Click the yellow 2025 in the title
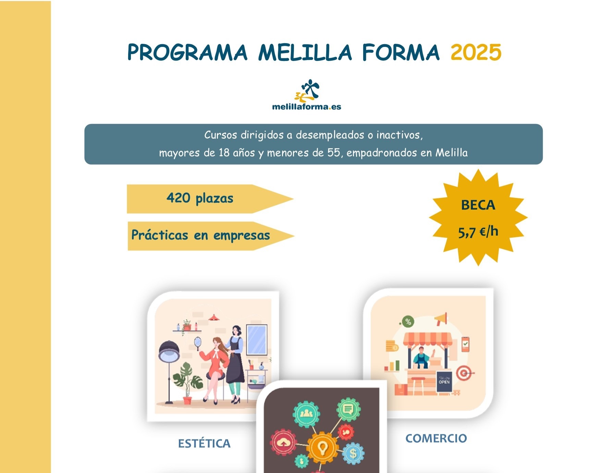tap(476, 53)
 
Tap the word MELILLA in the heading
tap(305, 53)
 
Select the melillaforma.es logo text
tap(306, 107)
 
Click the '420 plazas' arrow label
tap(200, 198)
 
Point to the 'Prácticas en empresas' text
tap(201, 235)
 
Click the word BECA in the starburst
tap(478, 205)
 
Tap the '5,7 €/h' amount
tap(478, 232)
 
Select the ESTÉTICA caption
tap(204, 443)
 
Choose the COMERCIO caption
tap(436, 438)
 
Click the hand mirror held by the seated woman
tap(198, 342)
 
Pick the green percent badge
tap(408, 321)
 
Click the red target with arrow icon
tap(464, 373)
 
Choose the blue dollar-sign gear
tap(353, 454)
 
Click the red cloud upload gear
tap(283, 443)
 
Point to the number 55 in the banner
tap(333, 152)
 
